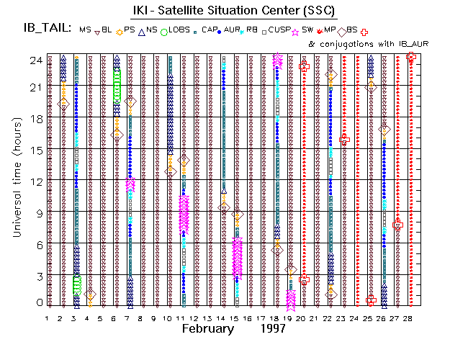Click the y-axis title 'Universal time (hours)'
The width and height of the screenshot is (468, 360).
[x=14, y=180]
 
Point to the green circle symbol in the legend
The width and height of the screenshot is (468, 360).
[x=164, y=31]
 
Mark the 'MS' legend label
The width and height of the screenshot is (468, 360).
[x=86, y=30]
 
